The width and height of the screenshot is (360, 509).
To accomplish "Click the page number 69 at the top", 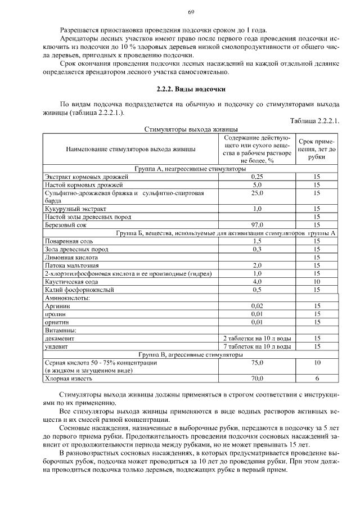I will point(191,12).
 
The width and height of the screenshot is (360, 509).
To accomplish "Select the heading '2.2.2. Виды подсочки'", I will point(191,90).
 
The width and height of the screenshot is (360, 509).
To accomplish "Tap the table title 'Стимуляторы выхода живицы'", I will point(191,129).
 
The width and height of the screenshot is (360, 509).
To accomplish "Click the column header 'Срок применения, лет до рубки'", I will point(317,149).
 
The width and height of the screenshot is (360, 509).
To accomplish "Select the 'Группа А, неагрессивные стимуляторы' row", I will point(191,168).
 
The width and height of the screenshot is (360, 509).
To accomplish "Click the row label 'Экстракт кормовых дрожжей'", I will point(87,177).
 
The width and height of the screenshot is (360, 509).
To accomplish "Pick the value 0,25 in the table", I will point(257,177).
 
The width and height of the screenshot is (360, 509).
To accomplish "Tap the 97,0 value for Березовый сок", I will point(257,225).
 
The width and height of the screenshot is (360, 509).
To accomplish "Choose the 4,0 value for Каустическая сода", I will point(257,282).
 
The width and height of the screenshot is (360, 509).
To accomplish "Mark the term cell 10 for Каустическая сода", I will point(317,282).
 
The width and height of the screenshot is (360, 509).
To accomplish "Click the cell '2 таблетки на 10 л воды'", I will point(257,339).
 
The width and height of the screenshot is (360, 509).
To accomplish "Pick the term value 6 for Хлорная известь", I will point(317,379).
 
